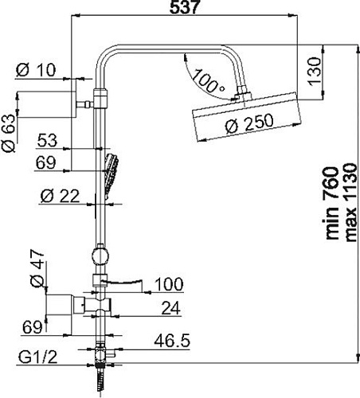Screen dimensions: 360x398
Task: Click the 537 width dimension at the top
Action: [184, 7]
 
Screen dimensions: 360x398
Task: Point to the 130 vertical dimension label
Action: [315, 71]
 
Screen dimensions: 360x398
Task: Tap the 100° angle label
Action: [208, 81]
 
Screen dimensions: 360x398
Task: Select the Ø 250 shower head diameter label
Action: [249, 123]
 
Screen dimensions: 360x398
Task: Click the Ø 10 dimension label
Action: [36, 70]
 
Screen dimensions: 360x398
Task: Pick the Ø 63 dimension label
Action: [9, 133]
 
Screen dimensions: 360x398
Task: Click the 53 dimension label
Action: [47, 140]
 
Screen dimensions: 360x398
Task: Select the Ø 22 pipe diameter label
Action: [60, 197]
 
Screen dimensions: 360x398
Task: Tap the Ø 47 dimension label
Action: [37, 268]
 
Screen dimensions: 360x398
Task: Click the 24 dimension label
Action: [170, 308]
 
